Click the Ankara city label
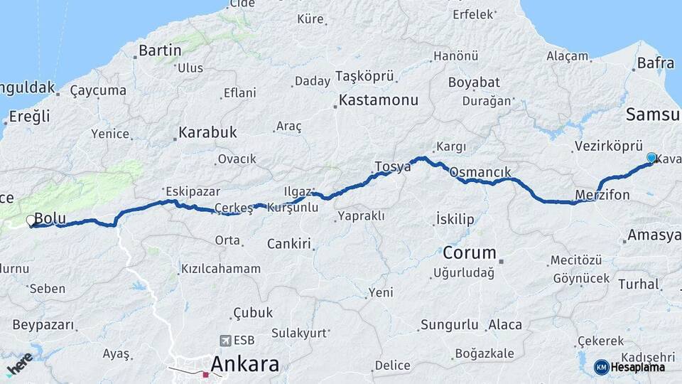click(244, 364)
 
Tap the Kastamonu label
click(378, 100)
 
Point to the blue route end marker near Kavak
click(651, 157)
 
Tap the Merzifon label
click(602, 195)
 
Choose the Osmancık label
click(480, 172)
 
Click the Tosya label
click(392, 167)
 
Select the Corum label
click(469, 252)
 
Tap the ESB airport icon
click(226, 340)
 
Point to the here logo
click(19, 363)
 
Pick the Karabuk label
click(207, 132)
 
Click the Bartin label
click(160, 50)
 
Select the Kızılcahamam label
click(221, 269)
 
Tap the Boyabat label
click(474, 82)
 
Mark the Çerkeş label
click(233, 208)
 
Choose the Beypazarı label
click(43, 325)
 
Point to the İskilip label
click(455, 220)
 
